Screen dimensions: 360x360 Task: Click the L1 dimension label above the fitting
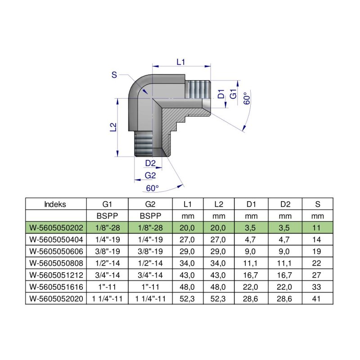pyautogui.click(x=181, y=62)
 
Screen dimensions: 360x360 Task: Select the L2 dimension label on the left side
pyautogui.click(x=113, y=127)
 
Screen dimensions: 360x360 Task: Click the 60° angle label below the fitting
pyautogui.click(x=153, y=188)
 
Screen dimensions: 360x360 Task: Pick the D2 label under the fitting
pyautogui.click(x=150, y=163)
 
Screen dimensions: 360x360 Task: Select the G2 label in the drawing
pyautogui.click(x=150, y=175)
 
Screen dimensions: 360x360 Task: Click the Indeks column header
pyautogui.click(x=55, y=204)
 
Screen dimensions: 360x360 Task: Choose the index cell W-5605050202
pyautogui.click(x=55, y=227)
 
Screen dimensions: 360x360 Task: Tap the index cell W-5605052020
pyautogui.click(x=55, y=298)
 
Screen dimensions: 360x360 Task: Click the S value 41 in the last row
pyautogui.click(x=318, y=298)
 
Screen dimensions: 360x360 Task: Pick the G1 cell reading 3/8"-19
pyautogui.click(x=107, y=251)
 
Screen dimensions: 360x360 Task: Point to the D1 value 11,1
pyautogui.click(x=252, y=262)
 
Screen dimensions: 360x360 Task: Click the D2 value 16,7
pyautogui.click(x=285, y=274)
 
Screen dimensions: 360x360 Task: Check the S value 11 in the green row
pyautogui.click(x=318, y=227)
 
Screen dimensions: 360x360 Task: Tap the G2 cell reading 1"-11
pyautogui.click(x=150, y=286)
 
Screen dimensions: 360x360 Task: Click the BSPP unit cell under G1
pyautogui.click(x=107, y=215)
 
